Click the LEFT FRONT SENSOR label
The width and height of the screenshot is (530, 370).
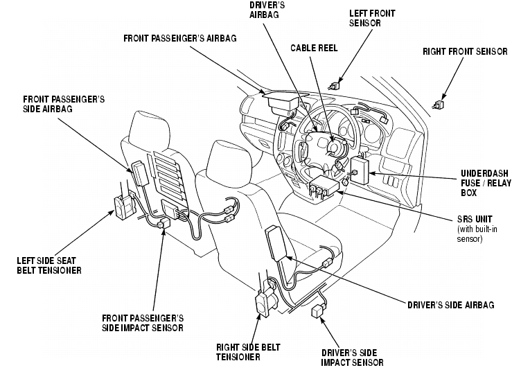tap(372, 18)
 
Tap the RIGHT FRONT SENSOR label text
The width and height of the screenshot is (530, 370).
tap(465, 52)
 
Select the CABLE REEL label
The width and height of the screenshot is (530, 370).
tap(314, 48)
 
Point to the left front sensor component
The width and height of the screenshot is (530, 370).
tap(335, 86)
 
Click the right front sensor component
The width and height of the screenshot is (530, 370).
tap(439, 105)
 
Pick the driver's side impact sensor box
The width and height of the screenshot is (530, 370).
tap(318, 310)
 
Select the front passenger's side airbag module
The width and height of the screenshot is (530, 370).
tap(140, 173)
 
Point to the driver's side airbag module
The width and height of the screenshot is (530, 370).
tap(276, 244)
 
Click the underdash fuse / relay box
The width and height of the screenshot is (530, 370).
tap(359, 170)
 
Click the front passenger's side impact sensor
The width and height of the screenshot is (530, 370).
tap(165, 222)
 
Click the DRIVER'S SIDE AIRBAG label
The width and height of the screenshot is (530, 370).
tap(450, 305)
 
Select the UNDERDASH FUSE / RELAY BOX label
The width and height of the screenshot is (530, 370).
tap(486, 183)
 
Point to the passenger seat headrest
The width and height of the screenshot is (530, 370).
tap(149, 130)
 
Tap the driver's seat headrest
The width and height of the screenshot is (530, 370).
tap(230, 158)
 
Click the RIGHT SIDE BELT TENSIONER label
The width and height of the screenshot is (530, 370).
tap(248, 352)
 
